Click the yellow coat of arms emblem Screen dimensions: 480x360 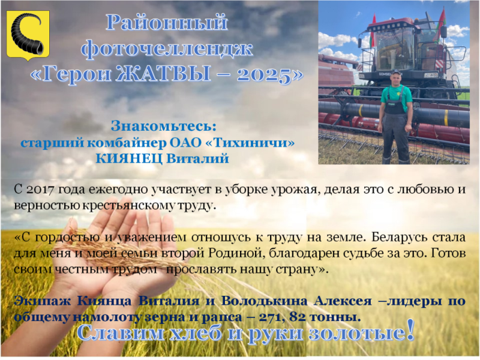(28, 35)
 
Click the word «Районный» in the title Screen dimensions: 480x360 (167, 23)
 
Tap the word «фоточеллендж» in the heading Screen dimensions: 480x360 (167, 49)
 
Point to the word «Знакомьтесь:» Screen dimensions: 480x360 (164, 126)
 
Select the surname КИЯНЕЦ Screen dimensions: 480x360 (129, 159)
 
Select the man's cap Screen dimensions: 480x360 (396, 72)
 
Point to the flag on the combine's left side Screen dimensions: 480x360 (373, 32)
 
